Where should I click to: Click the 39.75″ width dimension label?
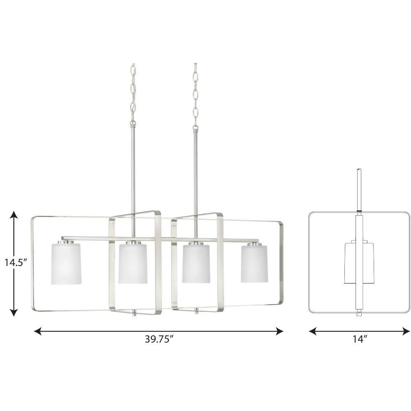coord(159,339)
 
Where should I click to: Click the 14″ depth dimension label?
coord(359,339)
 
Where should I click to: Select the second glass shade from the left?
coord(133,263)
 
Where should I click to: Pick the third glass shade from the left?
coord(196,263)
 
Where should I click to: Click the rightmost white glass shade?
coord(254,263)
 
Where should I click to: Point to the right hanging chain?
coord(195,95)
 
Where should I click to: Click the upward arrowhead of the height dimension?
coord(14,215)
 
